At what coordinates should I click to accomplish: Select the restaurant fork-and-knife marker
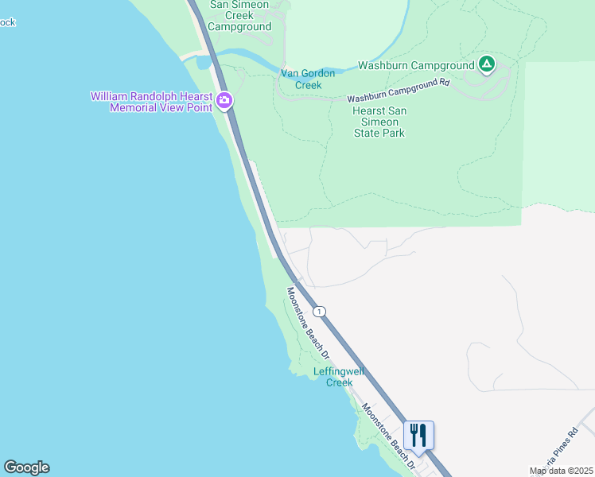pos(418,435)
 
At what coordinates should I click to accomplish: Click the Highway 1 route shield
pos(318,311)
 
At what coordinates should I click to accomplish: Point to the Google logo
pos(26,467)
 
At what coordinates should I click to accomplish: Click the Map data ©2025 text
pos(561,471)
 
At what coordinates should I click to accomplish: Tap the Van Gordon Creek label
pos(308,79)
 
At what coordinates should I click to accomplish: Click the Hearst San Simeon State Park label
pos(379,122)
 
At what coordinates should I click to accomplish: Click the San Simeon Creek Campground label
pos(240,15)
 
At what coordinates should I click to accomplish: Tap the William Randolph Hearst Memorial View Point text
pos(151,102)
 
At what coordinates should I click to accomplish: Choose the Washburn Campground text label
pos(415,65)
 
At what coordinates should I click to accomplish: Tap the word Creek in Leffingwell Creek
pos(340,382)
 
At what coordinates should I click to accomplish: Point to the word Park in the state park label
pos(391,133)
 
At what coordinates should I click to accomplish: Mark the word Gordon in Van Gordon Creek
pos(318,73)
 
